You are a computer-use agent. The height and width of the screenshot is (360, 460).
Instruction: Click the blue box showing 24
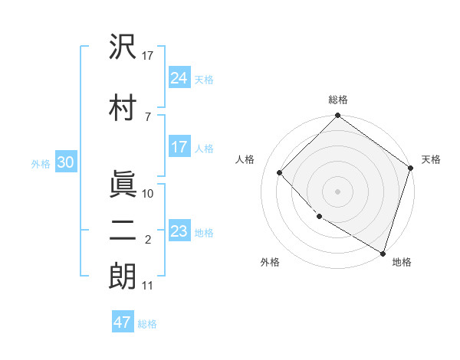coord(179,78)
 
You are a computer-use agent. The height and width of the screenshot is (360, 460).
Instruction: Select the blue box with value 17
coord(179,147)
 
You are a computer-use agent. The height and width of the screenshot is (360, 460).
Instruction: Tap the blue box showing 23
coord(179,231)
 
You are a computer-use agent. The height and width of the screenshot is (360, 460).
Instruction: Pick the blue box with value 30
coord(65,162)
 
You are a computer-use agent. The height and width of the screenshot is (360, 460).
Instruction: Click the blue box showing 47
coord(123,322)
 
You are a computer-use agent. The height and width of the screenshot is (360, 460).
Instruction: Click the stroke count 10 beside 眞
coord(149,194)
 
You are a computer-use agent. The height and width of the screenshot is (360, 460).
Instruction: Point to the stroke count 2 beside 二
coord(148,241)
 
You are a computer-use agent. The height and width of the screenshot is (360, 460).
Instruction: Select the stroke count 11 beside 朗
coord(148,286)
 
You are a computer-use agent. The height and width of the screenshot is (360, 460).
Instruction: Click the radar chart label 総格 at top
coord(338,100)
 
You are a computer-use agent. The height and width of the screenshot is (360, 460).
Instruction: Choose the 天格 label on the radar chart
coord(431,159)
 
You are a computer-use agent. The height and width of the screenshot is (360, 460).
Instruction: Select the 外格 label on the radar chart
coord(270,262)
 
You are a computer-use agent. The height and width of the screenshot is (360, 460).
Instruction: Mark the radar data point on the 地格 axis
coord(383,252)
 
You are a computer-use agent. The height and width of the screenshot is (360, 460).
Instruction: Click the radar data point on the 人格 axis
coord(280,172)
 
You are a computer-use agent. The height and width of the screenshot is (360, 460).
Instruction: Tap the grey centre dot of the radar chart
coord(338,191)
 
